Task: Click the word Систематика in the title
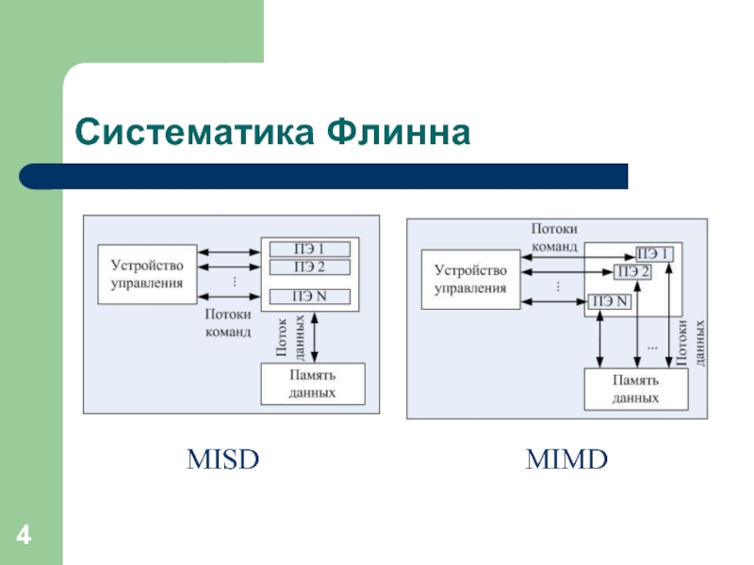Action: [195, 132]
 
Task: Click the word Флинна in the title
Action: [398, 132]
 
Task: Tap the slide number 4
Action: [24, 535]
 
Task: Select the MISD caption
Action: [222, 460]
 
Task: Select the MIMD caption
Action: [566, 460]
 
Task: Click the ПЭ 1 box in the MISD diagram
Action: [310, 249]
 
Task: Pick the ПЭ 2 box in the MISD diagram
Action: [310, 267]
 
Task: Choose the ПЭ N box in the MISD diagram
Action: [310, 297]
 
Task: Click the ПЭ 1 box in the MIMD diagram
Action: [654, 253]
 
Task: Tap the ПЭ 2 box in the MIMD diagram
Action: [632, 272]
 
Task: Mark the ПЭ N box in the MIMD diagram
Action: [610, 301]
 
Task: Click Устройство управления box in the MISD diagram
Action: [147, 274]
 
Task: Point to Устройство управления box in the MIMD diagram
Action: [470, 279]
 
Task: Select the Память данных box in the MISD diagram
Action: [313, 384]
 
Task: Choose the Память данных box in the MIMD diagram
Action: [635, 389]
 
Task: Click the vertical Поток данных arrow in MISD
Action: [315, 337]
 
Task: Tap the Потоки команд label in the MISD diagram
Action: [228, 323]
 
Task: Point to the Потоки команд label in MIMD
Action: [554, 237]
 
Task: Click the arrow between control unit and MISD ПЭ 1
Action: [229, 251]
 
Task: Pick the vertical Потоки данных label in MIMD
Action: [691, 343]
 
